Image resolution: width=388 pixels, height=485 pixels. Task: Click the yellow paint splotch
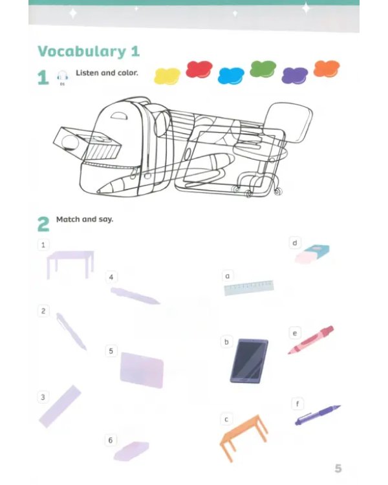point(167,76)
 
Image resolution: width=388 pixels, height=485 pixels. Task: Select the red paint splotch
point(199,69)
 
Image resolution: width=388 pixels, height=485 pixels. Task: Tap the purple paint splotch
point(295,76)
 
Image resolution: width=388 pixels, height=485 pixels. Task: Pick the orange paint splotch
point(327,69)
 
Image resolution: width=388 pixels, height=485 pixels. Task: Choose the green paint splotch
point(263,69)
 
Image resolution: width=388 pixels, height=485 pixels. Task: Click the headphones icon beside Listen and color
point(62,76)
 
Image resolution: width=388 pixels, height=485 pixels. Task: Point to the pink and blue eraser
point(312,254)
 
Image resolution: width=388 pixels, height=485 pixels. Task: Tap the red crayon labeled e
point(310,340)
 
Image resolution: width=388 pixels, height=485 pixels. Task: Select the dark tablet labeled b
point(249,361)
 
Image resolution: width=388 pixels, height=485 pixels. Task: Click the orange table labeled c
point(244,438)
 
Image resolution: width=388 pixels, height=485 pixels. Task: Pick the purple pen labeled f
point(318,415)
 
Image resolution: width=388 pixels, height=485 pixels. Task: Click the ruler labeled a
point(249,288)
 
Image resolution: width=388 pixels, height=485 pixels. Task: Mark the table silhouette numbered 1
point(70,264)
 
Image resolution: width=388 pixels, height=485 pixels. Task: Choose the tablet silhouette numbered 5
point(142,370)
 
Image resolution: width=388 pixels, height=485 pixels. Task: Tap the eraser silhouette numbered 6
point(131,451)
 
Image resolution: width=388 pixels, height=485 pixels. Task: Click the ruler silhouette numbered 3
point(60,407)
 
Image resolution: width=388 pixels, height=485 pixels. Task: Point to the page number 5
point(338,468)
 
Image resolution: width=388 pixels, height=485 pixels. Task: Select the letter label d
point(295,242)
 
